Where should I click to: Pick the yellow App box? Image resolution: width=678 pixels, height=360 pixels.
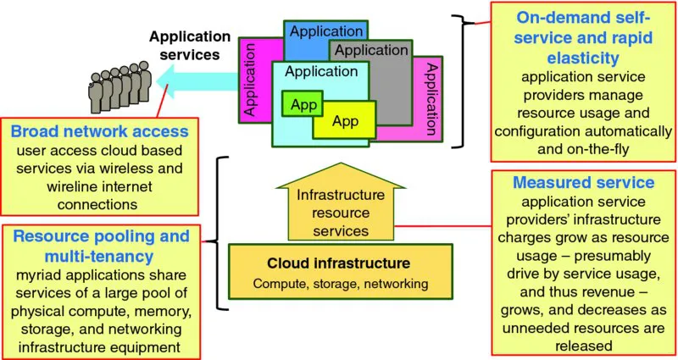[345, 121]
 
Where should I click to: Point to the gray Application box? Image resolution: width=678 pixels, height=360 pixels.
[371, 51]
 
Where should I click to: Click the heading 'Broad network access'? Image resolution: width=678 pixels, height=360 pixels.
[100, 132]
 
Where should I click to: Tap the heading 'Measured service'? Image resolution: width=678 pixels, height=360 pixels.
[582, 182]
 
